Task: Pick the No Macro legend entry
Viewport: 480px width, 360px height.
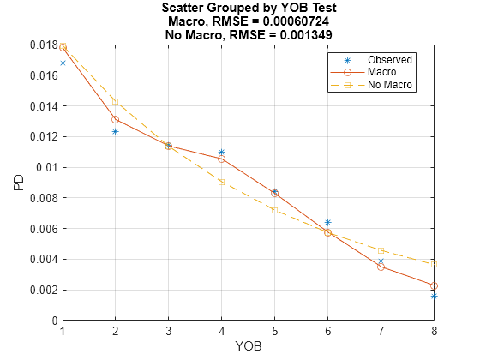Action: [390, 86]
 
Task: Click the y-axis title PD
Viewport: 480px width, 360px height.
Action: [18, 183]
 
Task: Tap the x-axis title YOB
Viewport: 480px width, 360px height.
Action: [249, 347]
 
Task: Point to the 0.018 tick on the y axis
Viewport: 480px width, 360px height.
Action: [42, 45]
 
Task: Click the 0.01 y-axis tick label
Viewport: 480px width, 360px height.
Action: [46, 167]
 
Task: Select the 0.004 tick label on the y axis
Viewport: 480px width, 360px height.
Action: [42, 259]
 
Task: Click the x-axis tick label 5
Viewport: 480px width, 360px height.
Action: [275, 331]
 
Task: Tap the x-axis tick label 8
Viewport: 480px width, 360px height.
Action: [435, 331]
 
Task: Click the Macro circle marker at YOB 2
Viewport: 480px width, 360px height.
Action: [115, 119]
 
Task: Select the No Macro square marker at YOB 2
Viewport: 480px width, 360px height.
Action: [115, 101]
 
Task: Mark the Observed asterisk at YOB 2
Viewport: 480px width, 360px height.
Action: [115, 131]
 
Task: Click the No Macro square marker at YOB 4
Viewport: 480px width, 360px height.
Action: [221, 182]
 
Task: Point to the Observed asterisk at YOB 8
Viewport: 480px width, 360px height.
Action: [435, 296]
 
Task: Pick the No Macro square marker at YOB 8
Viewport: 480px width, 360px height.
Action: [435, 264]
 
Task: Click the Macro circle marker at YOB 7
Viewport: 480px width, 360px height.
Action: [381, 267]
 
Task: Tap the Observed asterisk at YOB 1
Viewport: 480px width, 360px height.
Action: [63, 63]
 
